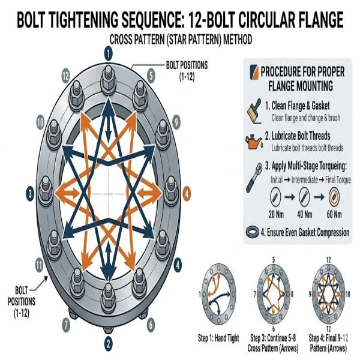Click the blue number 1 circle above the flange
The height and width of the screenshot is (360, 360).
pyautogui.click(x=108, y=53)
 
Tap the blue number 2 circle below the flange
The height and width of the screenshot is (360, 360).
pyautogui.click(x=108, y=343)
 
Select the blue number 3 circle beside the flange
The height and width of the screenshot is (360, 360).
pyautogui.click(x=29, y=194)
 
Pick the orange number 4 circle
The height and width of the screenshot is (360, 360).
pyautogui.click(x=187, y=194)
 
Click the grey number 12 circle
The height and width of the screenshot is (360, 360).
pyautogui.click(x=65, y=74)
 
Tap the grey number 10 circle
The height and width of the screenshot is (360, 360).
pyautogui.click(x=40, y=121)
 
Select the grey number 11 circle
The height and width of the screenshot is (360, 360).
pyautogui.click(x=40, y=264)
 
